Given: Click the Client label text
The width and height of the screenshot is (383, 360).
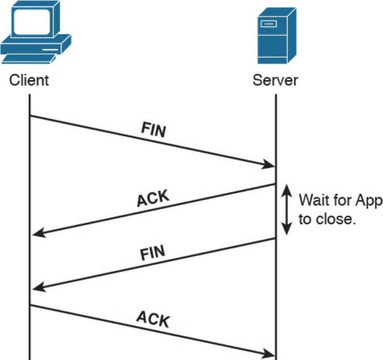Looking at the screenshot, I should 30,80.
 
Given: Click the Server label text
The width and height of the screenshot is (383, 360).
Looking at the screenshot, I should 275,80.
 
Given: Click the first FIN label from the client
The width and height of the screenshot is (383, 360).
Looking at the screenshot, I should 154,129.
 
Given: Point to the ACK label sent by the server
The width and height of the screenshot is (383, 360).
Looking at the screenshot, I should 154,199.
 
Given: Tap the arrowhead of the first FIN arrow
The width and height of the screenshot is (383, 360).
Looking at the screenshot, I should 269,165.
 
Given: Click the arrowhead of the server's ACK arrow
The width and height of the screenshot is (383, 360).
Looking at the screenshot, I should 37,234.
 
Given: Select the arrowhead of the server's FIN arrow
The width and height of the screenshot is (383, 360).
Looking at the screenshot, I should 37,288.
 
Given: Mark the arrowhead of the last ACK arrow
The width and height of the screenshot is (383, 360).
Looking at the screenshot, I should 269,354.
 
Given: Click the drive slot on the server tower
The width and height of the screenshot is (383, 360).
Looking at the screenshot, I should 268,23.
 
